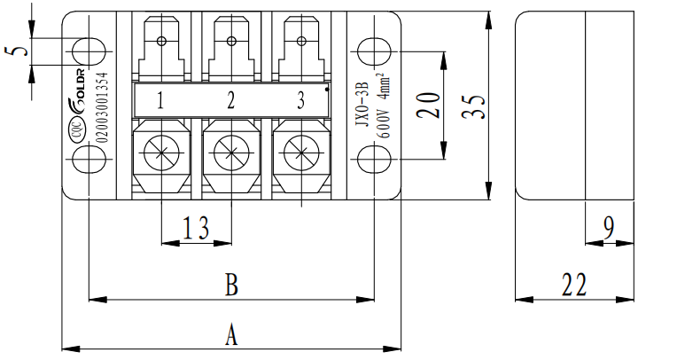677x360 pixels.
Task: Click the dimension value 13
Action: pos(196,230)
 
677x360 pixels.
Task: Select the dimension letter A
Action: pos(231,334)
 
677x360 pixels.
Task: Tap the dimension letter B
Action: pos(231,286)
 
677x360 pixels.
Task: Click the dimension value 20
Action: pos(429,105)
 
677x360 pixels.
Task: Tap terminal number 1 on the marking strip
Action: pos(160,99)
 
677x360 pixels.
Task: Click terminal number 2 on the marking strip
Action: pos(231,99)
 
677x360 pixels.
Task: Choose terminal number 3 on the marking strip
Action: pos(301,99)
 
